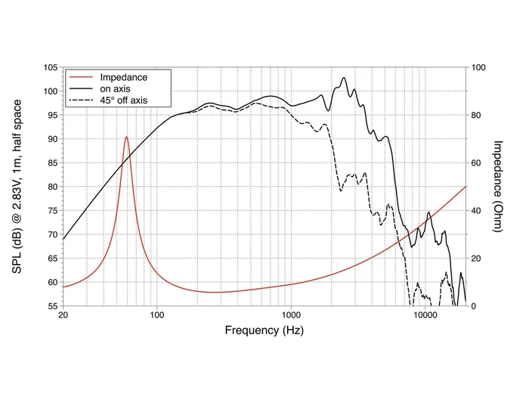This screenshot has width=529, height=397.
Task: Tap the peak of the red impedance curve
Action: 126,137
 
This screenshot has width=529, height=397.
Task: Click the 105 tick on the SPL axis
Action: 49,67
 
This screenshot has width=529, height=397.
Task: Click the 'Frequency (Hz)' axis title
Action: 264,330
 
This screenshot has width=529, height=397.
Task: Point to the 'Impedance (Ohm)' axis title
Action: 498,186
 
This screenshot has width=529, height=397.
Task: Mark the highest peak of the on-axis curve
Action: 344,77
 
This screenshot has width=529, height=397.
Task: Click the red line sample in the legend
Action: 81,78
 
